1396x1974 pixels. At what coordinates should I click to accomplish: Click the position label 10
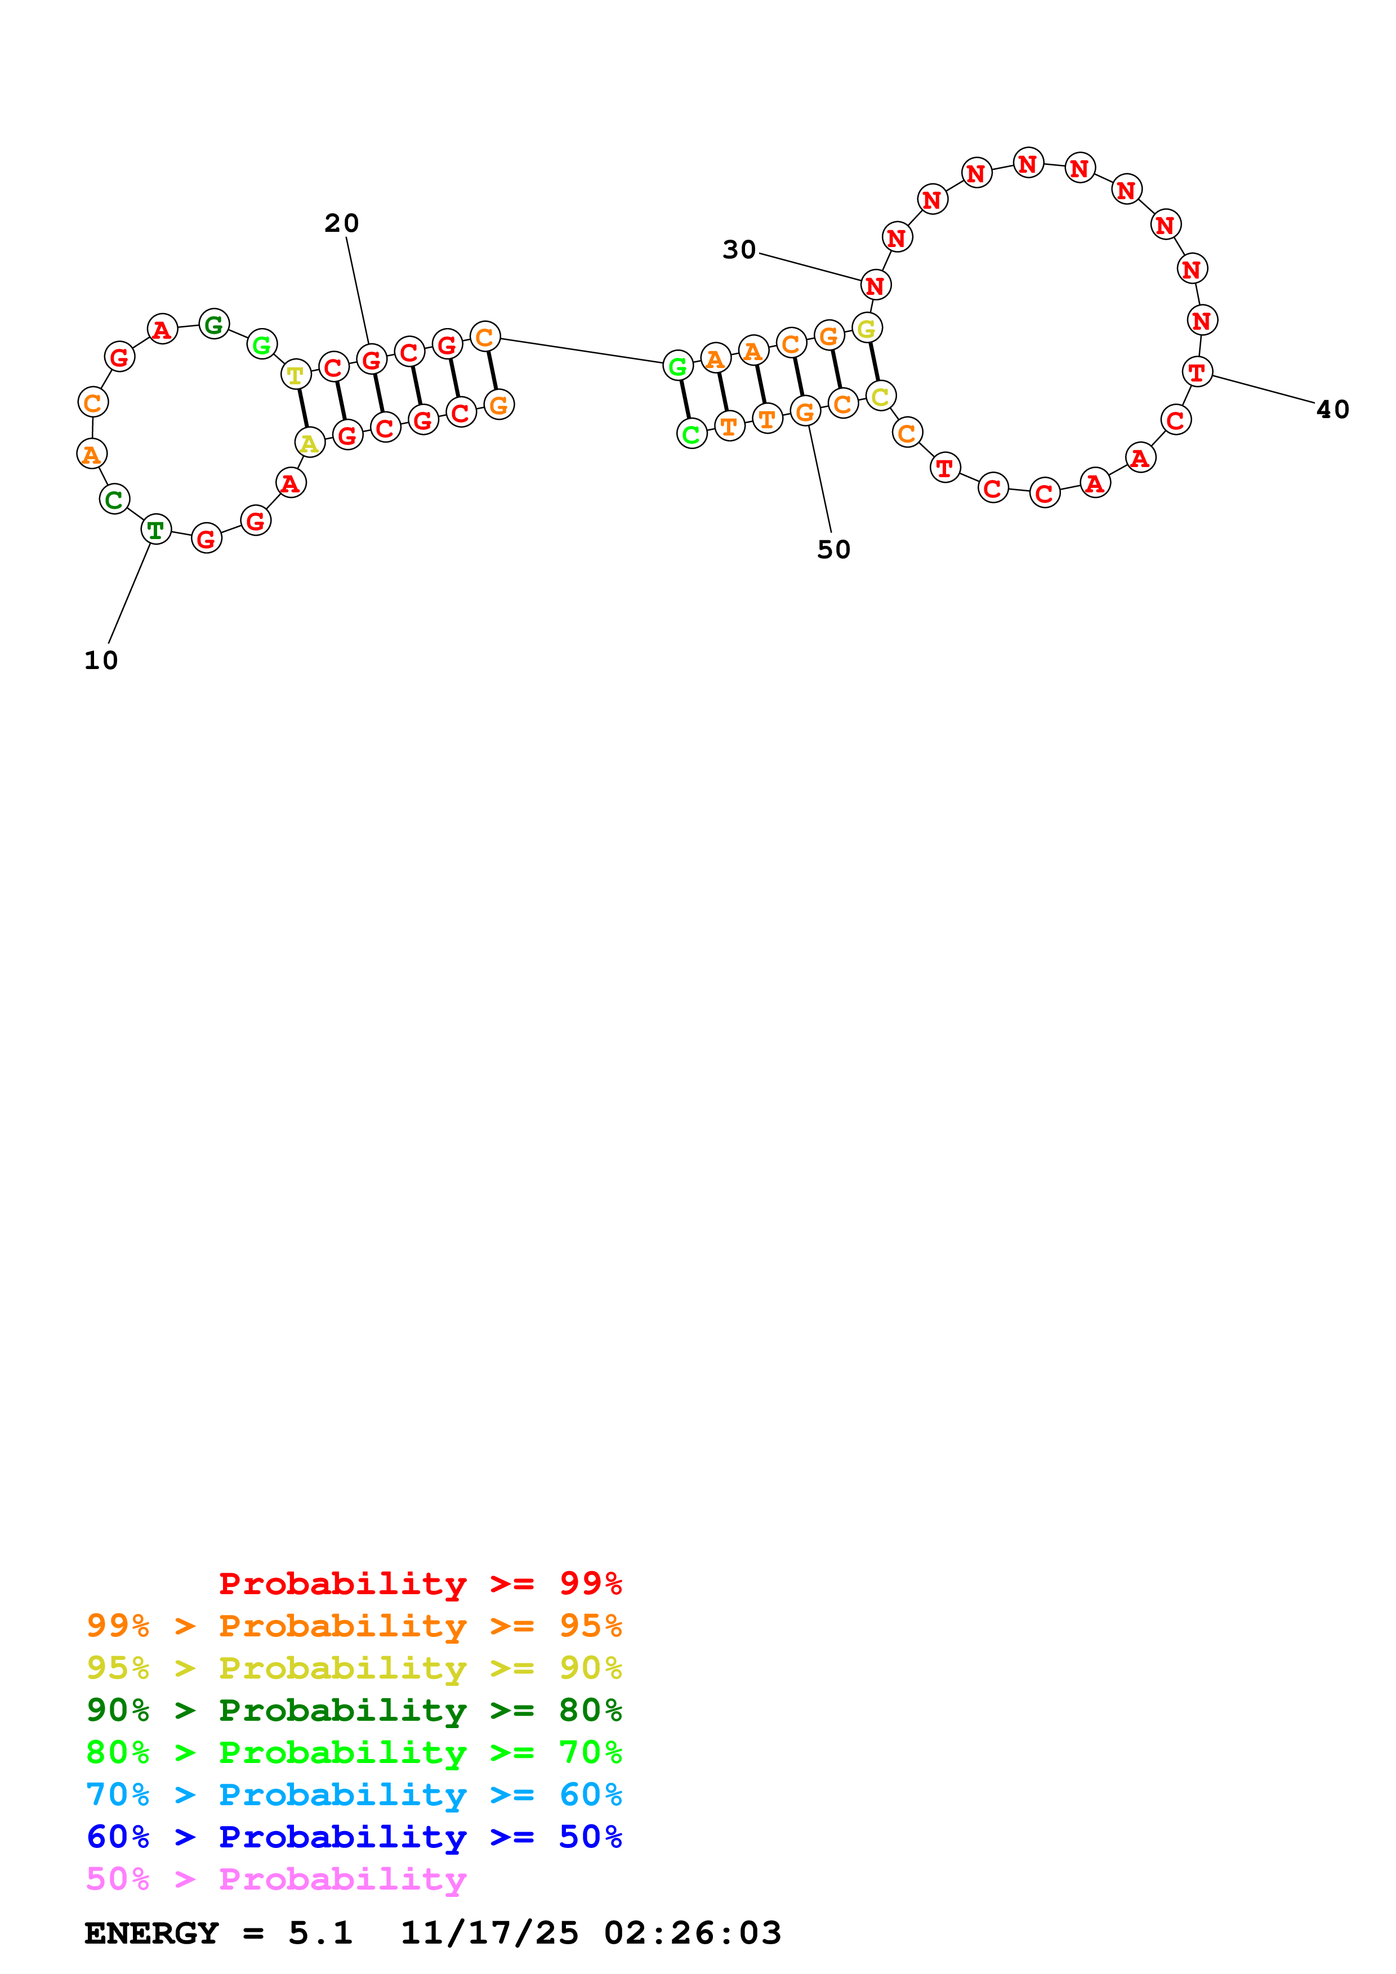(x=101, y=660)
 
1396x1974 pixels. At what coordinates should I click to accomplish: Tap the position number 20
(x=341, y=223)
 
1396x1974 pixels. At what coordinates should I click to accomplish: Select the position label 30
(x=739, y=250)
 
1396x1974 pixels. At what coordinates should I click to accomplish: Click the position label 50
(x=833, y=549)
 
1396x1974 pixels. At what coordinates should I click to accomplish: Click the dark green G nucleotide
(x=213, y=324)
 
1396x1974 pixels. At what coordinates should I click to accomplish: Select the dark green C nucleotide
(x=114, y=499)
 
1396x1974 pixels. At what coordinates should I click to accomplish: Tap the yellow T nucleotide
(x=296, y=374)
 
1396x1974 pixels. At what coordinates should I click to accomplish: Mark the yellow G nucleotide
(x=866, y=327)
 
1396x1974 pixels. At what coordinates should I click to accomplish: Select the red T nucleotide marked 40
(x=1197, y=373)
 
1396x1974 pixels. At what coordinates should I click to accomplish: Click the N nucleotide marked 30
(x=875, y=285)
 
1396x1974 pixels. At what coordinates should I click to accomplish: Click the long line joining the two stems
(x=582, y=351)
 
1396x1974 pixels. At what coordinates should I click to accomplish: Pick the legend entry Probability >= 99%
(x=420, y=1583)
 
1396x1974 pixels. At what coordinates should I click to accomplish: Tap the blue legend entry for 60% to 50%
(x=354, y=1837)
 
